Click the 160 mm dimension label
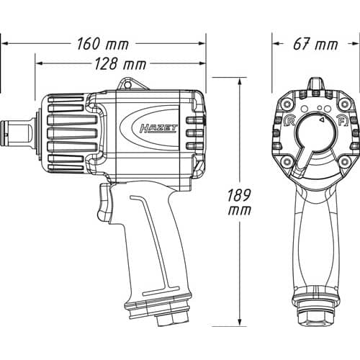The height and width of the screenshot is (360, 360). coord(103,44)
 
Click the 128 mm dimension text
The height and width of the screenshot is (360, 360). coord(120,64)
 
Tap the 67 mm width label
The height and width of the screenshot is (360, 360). coord(315,44)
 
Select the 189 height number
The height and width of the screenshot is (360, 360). coord(239,195)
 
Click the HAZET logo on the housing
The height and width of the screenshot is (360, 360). coord(158,128)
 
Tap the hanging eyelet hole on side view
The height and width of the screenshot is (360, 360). coord(127,85)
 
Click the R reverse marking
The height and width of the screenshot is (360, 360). coord(289,122)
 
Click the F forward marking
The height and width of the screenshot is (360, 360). coord(343,122)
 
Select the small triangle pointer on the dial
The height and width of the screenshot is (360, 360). coord(322,119)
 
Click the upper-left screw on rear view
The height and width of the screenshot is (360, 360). coord(287,104)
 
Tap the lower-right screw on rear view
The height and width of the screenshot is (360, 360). coord(345,161)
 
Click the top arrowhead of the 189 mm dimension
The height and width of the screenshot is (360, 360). coord(239,81)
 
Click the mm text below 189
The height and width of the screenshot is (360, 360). coord(239,210)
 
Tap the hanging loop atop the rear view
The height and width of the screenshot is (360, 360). coord(315,84)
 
